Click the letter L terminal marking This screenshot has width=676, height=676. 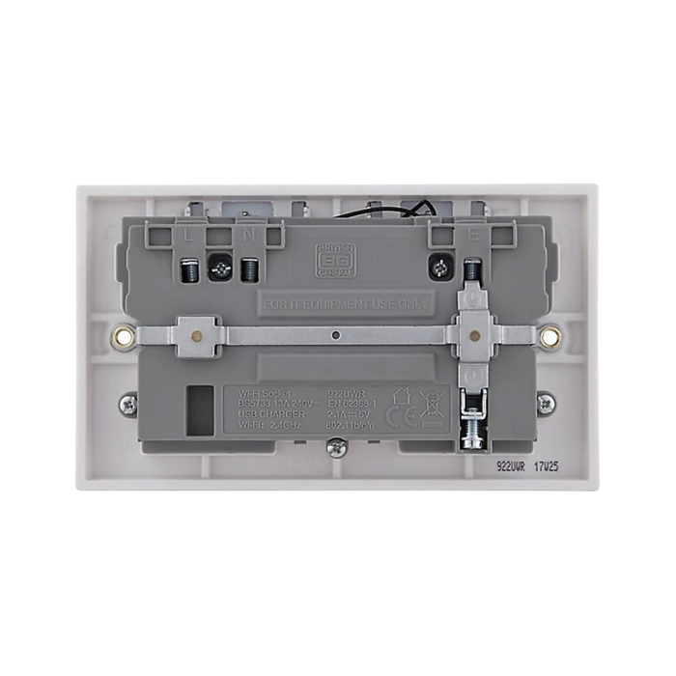click(x=186, y=234)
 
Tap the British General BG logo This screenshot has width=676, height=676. click(x=332, y=262)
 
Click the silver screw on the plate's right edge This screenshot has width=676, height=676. click(x=546, y=404)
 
